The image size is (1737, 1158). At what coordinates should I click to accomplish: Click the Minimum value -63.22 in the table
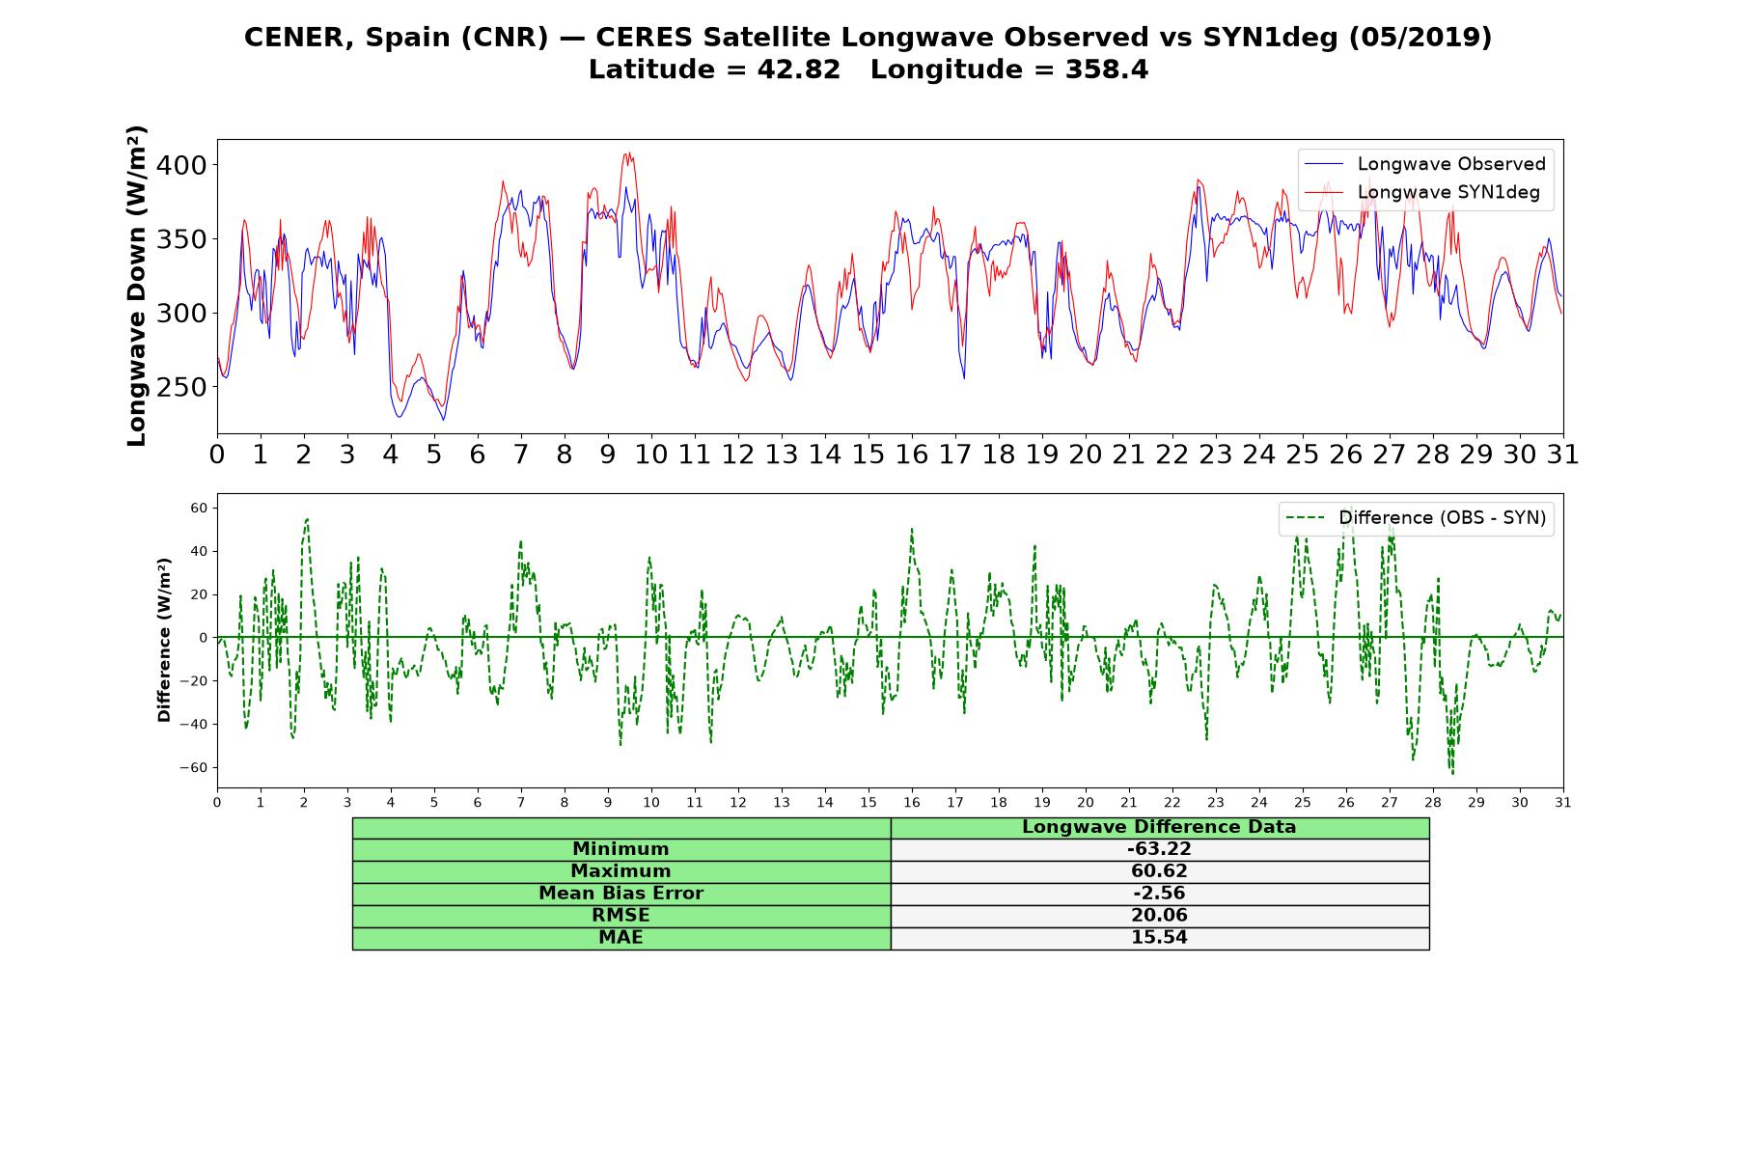point(1159,849)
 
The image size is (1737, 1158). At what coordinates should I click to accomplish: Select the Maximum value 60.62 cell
point(1159,871)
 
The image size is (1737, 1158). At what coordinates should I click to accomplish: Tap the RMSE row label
point(620,916)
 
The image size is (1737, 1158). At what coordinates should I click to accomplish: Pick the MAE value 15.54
point(1159,938)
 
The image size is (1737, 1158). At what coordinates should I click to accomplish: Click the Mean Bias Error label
point(620,894)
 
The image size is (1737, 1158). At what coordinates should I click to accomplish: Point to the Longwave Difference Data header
point(1159,827)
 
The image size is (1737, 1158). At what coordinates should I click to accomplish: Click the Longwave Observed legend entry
point(1424,164)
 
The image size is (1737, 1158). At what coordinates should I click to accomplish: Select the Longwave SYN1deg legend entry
point(1422,192)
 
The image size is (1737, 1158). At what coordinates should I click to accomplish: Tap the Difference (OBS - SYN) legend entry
point(1416,518)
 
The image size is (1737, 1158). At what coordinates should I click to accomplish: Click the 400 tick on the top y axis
point(181,165)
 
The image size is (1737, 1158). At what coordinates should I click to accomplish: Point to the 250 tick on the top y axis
point(181,387)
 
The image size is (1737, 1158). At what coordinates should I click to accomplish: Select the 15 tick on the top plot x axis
point(868,455)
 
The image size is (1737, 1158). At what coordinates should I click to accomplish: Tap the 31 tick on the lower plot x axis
point(1563,803)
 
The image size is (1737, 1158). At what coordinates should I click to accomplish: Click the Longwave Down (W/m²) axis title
point(136,286)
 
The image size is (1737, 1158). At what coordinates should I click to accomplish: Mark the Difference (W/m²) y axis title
point(164,640)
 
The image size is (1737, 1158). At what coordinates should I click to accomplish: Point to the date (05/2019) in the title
point(1420,38)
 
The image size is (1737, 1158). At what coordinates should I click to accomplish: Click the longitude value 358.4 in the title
point(1107,70)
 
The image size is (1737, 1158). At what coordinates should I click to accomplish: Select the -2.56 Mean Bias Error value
point(1159,894)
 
